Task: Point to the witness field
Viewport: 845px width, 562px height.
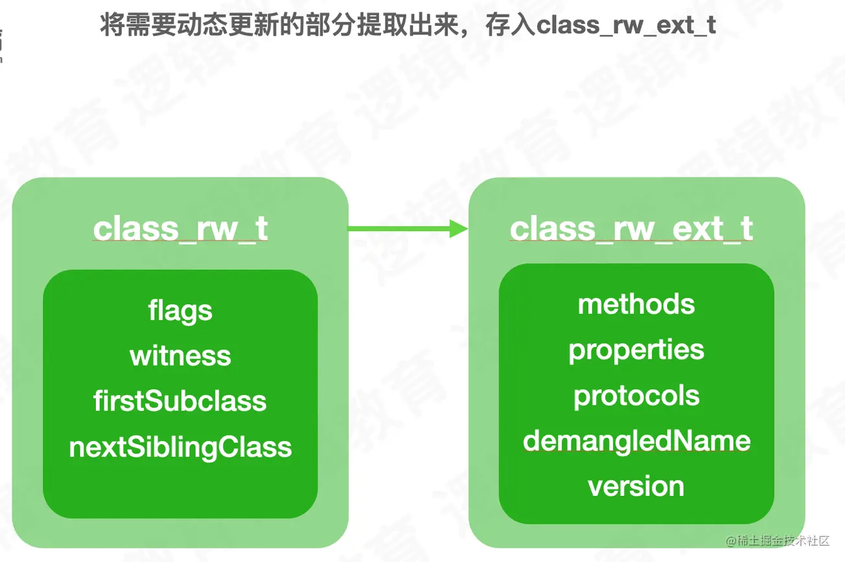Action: (180, 356)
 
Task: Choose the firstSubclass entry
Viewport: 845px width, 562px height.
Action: (180, 401)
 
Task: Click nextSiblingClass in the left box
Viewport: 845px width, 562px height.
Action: (180, 447)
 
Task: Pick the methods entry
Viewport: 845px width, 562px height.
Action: (636, 304)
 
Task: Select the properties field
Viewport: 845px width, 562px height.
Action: (636, 350)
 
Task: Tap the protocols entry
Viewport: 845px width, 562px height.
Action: (636, 396)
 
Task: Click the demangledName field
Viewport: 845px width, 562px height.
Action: (636, 441)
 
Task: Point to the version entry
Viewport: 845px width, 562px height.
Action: (636, 486)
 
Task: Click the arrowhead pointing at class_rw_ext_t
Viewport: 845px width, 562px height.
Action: (459, 228)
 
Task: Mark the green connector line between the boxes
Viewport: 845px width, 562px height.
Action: (399, 228)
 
